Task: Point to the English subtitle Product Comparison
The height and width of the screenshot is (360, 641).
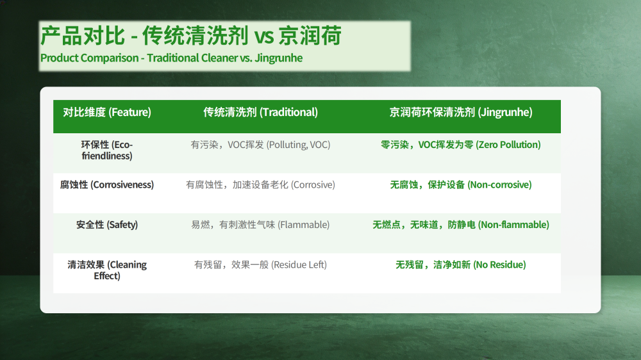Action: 90,58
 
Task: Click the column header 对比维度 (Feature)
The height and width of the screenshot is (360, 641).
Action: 107,112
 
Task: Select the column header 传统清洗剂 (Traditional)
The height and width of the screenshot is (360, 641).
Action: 260,112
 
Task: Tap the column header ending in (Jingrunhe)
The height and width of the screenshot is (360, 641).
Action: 461,112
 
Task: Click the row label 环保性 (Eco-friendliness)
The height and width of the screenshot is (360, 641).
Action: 107,150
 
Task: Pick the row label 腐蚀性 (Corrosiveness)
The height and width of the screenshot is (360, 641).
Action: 107,184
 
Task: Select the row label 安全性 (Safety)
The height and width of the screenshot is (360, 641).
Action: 107,225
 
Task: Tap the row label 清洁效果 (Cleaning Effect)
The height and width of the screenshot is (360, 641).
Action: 107,270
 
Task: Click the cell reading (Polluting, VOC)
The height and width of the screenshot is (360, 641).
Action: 260,145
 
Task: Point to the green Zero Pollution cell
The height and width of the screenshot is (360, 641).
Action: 461,145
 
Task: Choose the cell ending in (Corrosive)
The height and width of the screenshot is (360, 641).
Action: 260,184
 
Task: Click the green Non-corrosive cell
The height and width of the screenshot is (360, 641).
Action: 461,184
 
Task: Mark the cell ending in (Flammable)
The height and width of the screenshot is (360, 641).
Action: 260,225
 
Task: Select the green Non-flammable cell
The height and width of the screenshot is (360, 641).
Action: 461,225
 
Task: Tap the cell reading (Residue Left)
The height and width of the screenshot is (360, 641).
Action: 260,265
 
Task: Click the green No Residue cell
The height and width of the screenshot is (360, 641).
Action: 461,265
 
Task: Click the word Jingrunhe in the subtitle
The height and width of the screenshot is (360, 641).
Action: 278,58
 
